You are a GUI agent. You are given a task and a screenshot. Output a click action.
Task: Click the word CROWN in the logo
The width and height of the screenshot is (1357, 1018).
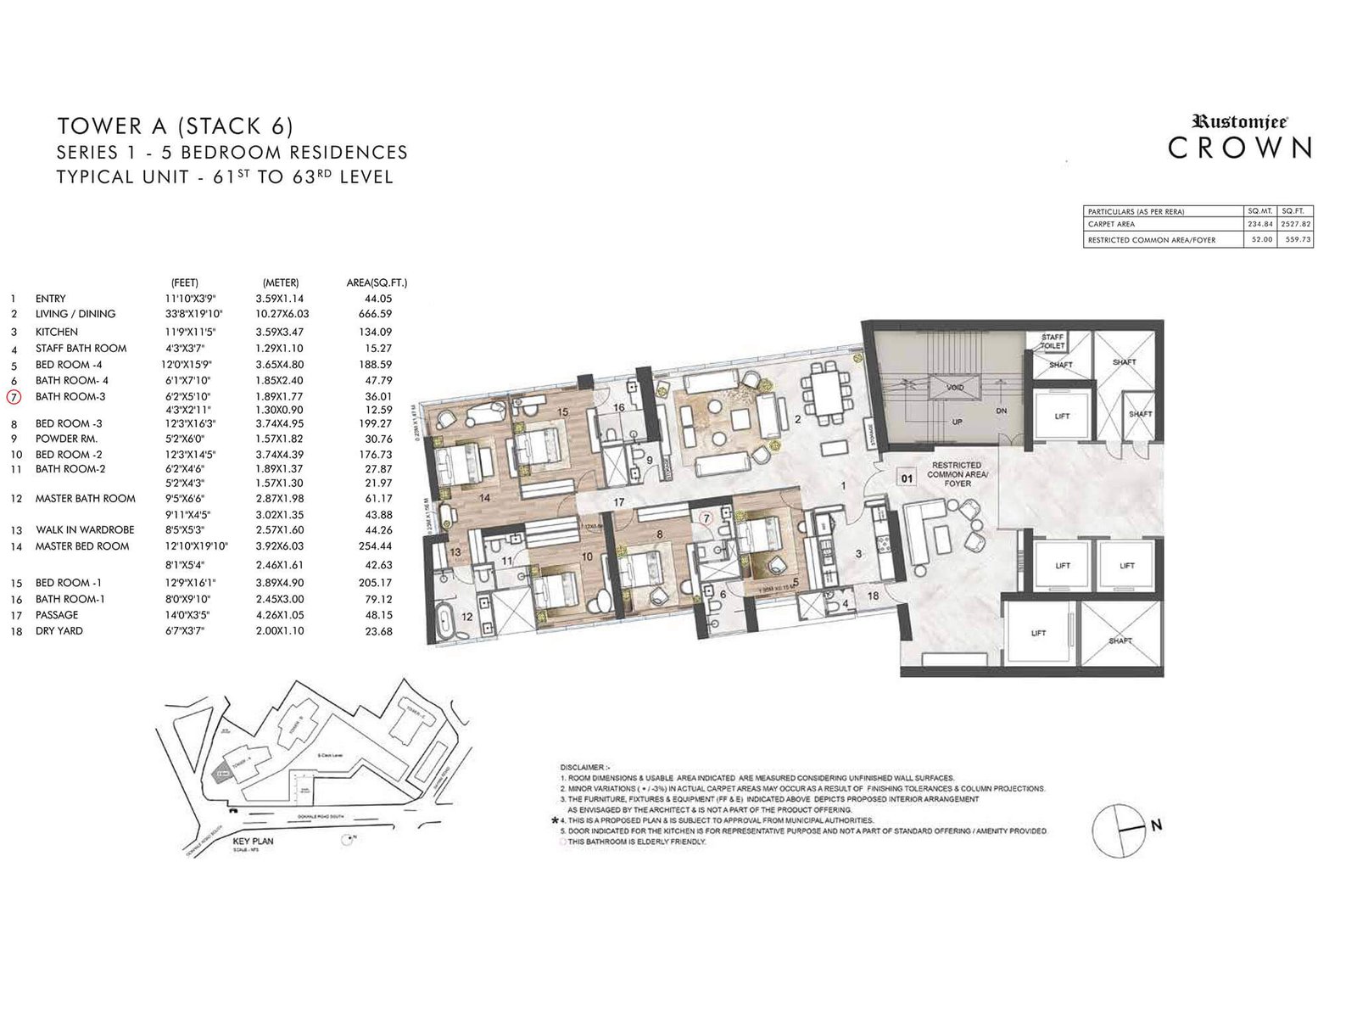[1240, 148]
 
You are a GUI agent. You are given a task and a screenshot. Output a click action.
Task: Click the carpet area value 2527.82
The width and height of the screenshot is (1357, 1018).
[1297, 225]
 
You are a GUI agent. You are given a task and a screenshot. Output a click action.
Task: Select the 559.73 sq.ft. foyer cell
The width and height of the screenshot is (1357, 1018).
[1297, 240]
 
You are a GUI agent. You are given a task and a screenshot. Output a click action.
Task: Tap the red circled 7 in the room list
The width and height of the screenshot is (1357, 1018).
[13, 396]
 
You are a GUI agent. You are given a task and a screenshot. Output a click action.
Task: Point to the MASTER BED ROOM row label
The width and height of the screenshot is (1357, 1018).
[82, 546]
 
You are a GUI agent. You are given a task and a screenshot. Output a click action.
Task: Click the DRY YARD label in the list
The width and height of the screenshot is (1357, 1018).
[59, 631]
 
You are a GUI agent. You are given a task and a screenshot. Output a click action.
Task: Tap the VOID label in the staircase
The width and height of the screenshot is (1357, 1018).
[955, 387]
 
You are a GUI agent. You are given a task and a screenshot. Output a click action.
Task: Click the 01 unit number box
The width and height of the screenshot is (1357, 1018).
[907, 478]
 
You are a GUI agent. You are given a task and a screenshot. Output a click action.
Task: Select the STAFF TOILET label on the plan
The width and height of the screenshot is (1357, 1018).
[1053, 342]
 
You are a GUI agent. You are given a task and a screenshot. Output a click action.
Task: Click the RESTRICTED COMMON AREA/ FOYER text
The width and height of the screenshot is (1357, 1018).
[956, 473]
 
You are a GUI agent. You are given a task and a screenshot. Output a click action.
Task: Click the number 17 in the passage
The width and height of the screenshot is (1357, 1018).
[619, 503]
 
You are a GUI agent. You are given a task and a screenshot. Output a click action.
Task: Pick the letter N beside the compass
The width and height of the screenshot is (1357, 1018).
[1156, 825]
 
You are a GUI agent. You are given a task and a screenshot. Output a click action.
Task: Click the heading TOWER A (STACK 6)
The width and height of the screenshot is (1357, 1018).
[175, 126]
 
